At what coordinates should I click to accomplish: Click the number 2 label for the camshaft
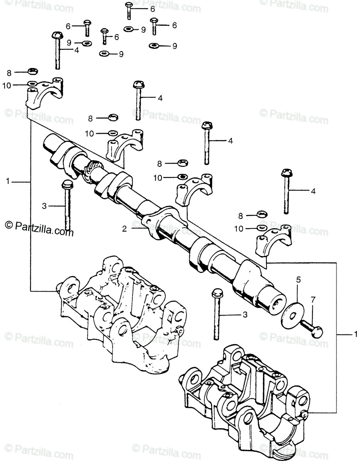pos(124,229)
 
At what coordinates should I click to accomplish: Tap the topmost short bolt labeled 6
pos(129,9)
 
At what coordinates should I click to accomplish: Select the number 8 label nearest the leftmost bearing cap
pos(9,72)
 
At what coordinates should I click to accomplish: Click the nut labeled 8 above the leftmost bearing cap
pos(32,72)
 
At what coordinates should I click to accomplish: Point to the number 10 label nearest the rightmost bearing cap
pos(239,229)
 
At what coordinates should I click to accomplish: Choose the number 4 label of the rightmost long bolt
pos(313,191)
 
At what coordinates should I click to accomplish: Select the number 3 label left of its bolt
pos(44,206)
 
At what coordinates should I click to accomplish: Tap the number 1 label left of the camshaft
pos(8,181)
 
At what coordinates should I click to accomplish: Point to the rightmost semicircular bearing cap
pos(274,242)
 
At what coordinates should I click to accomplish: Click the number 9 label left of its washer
pos(69,43)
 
